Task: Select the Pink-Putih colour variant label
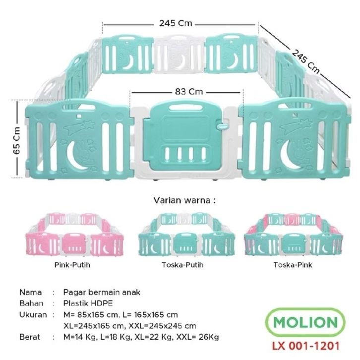point(72,265)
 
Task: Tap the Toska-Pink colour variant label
point(289,265)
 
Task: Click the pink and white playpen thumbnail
point(71,235)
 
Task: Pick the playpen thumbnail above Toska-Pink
point(290,235)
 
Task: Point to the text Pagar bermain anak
point(102,292)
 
